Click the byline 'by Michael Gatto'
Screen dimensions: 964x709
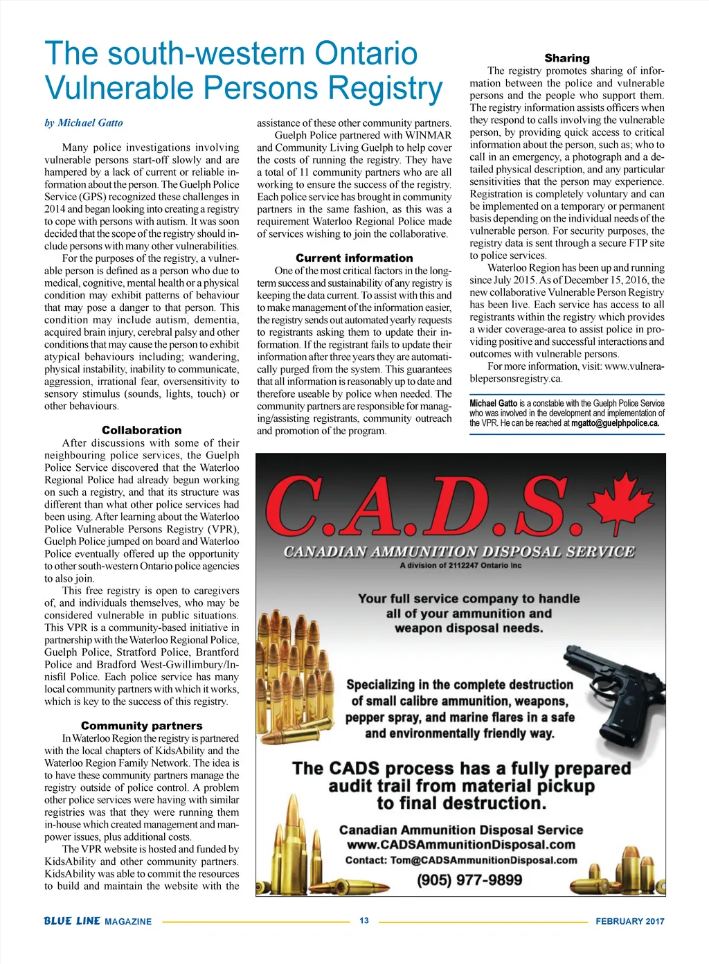click(84, 123)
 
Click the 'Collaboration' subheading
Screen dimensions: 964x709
click(141, 430)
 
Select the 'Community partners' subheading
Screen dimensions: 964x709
click(141, 726)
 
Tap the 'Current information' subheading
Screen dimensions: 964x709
click(354, 258)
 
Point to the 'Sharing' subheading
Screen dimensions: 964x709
click(567, 58)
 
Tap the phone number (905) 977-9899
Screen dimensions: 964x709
click(469, 880)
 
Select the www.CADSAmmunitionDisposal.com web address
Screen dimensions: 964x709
click(460, 845)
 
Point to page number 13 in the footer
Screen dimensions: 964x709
click(364, 920)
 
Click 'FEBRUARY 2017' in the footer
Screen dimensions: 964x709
click(629, 921)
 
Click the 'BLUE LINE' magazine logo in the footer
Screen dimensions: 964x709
click(72, 921)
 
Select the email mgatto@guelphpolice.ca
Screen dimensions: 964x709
click(615, 423)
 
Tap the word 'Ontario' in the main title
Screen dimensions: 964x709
click(366, 53)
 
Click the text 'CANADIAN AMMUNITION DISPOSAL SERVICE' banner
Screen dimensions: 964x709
click(458, 552)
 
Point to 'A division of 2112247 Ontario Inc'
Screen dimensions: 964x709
click(460, 566)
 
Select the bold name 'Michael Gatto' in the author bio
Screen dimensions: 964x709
click(493, 403)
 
